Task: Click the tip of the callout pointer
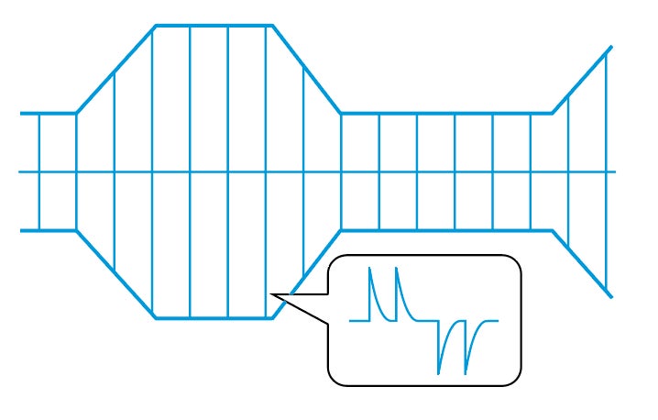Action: point(272,294)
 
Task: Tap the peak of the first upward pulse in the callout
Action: point(371,269)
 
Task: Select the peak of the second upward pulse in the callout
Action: point(397,269)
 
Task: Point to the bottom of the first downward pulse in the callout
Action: point(439,373)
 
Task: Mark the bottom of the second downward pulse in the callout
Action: point(466,373)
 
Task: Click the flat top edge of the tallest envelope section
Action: point(214,26)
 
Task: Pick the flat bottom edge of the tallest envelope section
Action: point(214,318)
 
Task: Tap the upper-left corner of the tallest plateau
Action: point(155,26)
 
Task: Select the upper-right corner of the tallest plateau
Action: point(272,26)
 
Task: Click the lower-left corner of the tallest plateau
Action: point(155,318)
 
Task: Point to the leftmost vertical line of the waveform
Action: point(39,171)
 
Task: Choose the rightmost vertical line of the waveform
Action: point(606,171)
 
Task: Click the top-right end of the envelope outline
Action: point(611,47)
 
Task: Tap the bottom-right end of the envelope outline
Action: point(611,297)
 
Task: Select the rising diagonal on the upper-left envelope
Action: point(115,70)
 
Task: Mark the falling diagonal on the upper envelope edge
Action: point(306,70)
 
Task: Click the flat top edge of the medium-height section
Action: point(446,114)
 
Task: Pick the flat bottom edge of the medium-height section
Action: point(446,230)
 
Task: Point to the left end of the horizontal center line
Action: point(20,171)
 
